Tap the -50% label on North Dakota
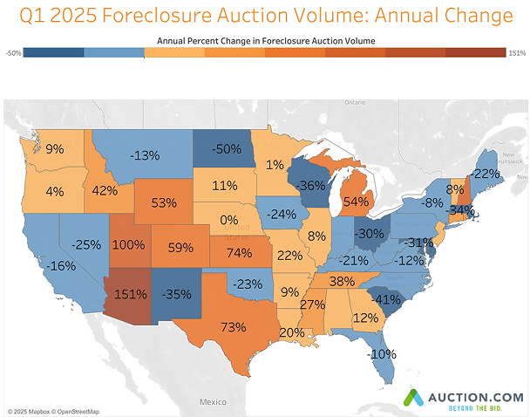tap(228, 149)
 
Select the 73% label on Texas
tap(232, 327)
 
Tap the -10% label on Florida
tap(382, 353)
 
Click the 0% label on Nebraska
tap(229, 220)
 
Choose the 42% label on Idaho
tap(104, 191)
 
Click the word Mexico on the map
tap(212, 402)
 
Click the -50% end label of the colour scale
tap(13, 52)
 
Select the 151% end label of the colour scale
tap(516, 52)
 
